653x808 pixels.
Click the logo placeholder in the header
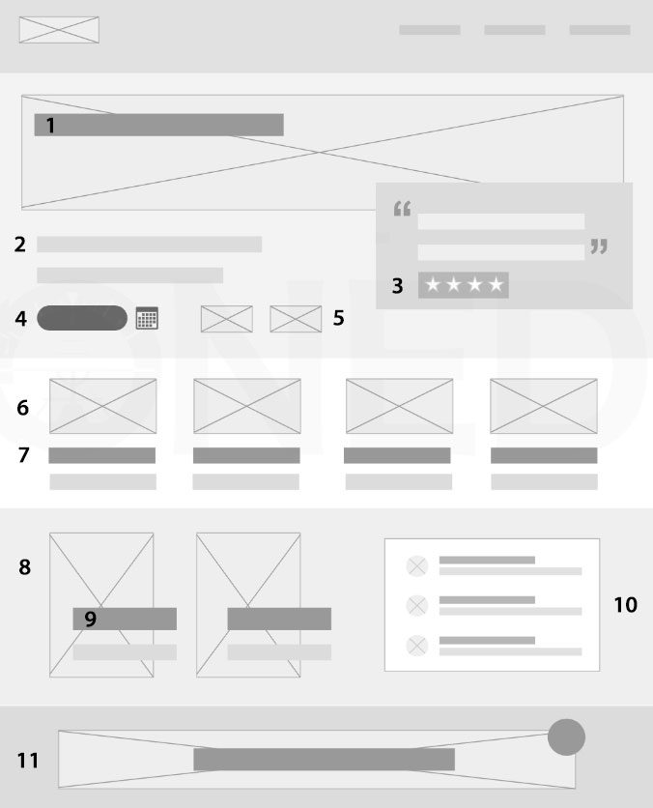pyautogui.click(x=59, y=30)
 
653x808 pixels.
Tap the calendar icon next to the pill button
pyautogui.click(x=147, y=317)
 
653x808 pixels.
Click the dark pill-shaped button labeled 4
pyautogui.click(x=82, y=317)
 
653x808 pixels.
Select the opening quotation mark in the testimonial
pyautogui.click(x=402, y=209)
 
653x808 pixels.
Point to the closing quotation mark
pyautogui.click(x=599, y=246)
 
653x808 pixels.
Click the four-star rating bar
pyautogui.click(x=464, y=285)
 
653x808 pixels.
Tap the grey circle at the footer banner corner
pyautogui.click(x=566, y=737)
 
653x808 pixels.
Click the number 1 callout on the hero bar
pyautogui.click(x=50, y=126)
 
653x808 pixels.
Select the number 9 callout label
pyautogui.click(x=90, y=619)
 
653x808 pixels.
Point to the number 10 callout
pyautogui.click(x=626, y=604)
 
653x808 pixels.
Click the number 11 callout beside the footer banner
pyautogui.click(x=28, y=761)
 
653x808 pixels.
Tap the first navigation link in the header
pyautogui.click(x=430, y=30)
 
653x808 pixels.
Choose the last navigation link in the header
pyautogui.click(x=600, y=30)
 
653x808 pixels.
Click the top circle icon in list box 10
pyautogui.click(x=417, y=565)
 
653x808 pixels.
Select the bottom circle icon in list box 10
pyautogui.click(x=417, y=646)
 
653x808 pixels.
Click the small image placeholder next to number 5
pyautogui.click(x=296, y=319)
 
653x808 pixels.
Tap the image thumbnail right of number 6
pyautogui.click(x=103, y=406)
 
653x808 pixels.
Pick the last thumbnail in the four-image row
pyautogui.click(x=544, y=406)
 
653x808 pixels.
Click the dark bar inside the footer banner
pyautogui.click(x=324, y=760)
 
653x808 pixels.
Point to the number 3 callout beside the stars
pyautogui.click(x=397, y=286)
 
